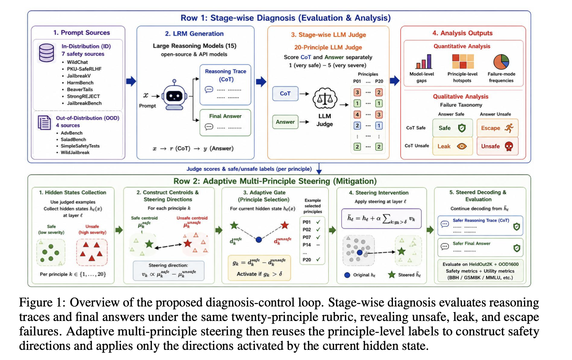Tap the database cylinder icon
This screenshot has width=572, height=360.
tap(46, 53)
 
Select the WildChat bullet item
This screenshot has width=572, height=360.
tap(77, 62)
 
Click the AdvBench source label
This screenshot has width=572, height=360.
tap(71, 133)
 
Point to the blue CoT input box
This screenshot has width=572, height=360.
tap(285, 93)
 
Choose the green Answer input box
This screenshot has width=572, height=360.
tap(285, 122)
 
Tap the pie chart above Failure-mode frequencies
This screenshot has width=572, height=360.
tap(501, 62)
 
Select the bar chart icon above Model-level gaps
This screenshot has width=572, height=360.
tap(424, 61)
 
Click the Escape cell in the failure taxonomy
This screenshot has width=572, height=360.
tap(497, 128)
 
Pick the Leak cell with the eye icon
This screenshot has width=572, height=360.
tap(453, 146)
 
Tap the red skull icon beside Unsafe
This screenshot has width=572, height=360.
tap(509, 146)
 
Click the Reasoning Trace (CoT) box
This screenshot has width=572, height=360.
tap(225, 85)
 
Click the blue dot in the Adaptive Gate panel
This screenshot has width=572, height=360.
tap(259, 240)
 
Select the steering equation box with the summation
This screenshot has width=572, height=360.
tap(381, 219)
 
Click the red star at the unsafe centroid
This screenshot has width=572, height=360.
tap(188, 243)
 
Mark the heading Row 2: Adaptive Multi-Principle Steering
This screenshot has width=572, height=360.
tap(275, 181)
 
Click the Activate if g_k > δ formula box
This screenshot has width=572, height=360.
tap(259, 268)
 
